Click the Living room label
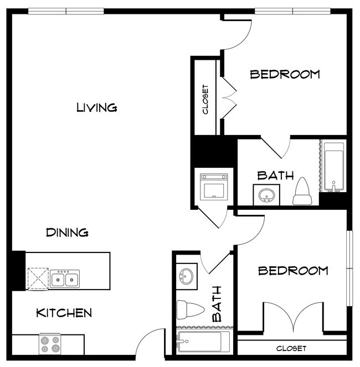[x=96, y=107]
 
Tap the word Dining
[x=67, y=232]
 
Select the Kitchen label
[x=64, y=313]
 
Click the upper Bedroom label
[x=285, y=74]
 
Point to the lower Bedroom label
[x=293, y=271]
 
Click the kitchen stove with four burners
[x=50, y=344]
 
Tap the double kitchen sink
[x=65, y=278]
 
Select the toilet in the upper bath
[x=302, y=191]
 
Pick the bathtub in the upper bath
[x=333, y=167]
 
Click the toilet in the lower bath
[x=188, y=309]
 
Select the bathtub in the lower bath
[x=203, y=342]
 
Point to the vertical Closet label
[x=205, y=99]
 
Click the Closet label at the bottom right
[x=291, y=348]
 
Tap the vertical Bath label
[x=217, y=304]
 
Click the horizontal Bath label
[x=275, y=176]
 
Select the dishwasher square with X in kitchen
[x=38, y=278]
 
